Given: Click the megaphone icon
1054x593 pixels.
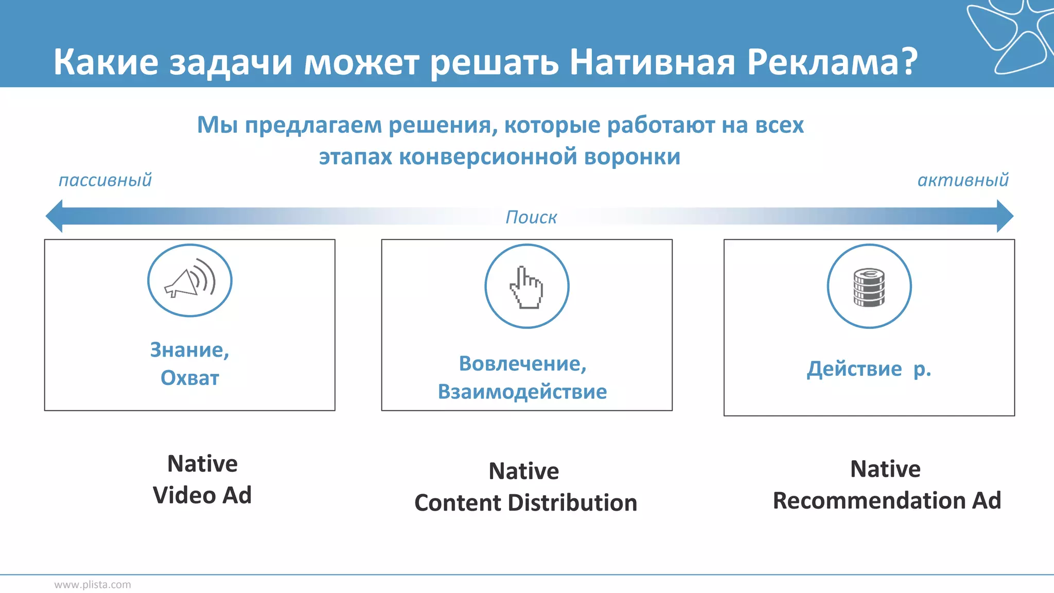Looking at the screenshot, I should click(189, 281).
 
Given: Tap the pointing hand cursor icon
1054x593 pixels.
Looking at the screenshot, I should click(526, 287).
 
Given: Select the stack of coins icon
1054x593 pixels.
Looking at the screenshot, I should click(869, 287).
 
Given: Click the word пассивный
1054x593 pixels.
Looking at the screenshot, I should click(105, 180).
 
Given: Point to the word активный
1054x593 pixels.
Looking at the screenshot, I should click(963, 180).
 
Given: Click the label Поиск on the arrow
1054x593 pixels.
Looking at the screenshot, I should click(531, 217).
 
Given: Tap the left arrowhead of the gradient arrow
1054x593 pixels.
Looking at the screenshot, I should click(55, 216).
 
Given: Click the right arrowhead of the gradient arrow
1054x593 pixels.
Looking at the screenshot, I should click(1005, 216).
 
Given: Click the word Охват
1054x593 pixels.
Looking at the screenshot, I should click(190, 378).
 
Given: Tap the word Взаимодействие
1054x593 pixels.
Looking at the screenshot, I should click(522, 392).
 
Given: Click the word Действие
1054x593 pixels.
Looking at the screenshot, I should click(854, 369).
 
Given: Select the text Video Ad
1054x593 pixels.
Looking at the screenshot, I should click(202, 495).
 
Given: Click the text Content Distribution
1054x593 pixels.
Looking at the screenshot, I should click(525, 503).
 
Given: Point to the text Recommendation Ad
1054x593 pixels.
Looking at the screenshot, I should click(887, 500).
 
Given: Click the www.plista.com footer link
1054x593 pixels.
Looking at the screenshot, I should click(93, 585).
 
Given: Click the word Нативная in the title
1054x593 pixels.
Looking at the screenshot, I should click(653, 62).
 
